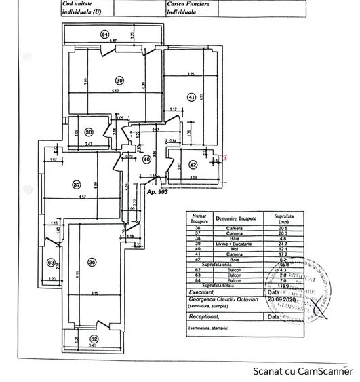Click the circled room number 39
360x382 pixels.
tap(119, 78)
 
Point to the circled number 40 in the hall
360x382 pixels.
tap(147, 160)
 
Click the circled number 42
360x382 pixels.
tap(193, 164)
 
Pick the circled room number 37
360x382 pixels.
tap(77, 184)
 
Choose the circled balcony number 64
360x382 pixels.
tap(104, 34)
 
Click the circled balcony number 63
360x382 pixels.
tap(50, 263)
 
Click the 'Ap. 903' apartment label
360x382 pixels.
tap(157, 192)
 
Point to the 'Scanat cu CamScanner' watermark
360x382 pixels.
tap(302, 371)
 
